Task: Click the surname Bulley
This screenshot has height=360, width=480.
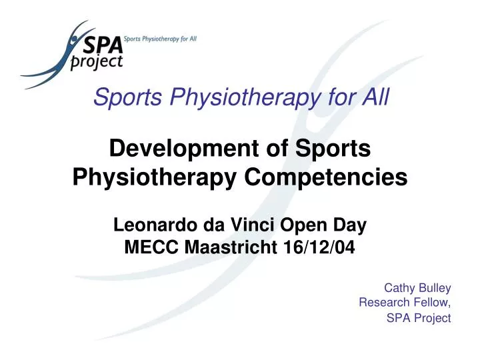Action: click(434, 288)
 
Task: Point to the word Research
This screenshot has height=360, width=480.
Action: click(382, 303)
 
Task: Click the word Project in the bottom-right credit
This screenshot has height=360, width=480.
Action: click(432, 318)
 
